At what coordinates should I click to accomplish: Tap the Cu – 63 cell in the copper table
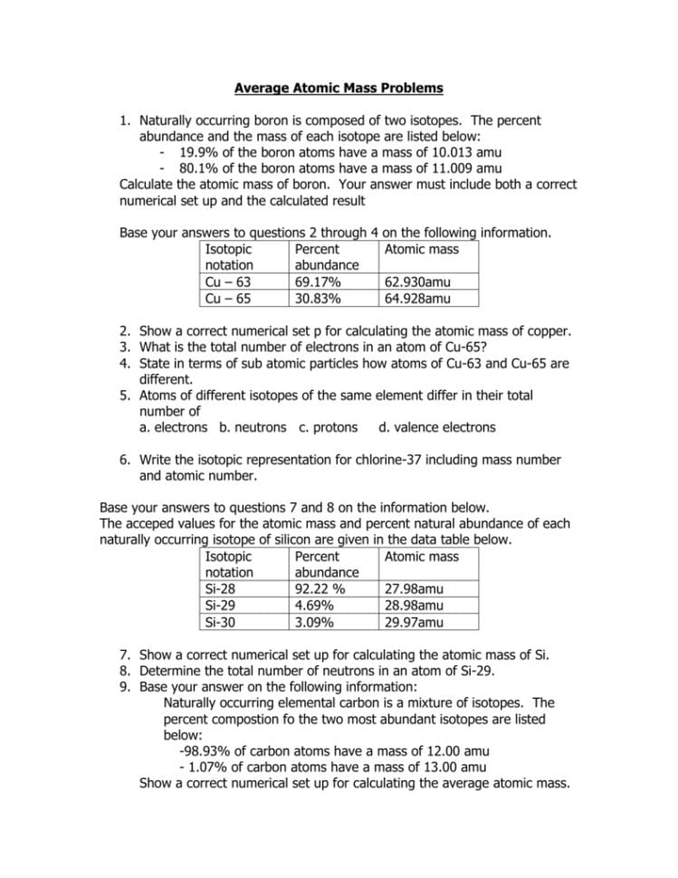coord(228,282)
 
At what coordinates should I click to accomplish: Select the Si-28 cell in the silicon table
coord(222,589)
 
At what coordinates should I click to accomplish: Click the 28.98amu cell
coord(414,606)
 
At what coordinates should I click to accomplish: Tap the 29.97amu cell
coord(414,622)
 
